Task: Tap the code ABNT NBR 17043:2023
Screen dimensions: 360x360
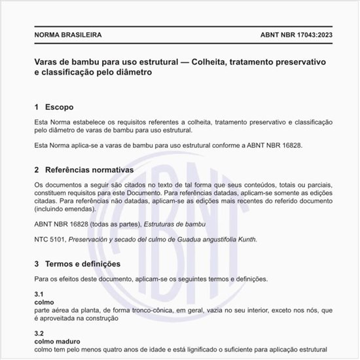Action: [x=287, y=33]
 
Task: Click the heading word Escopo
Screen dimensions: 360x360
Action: [x=59, y=107]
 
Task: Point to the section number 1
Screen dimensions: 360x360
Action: [x=37, y=107]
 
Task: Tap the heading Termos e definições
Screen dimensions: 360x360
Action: [x=82, y=264]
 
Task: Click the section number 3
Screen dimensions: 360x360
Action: [x=37, y=264]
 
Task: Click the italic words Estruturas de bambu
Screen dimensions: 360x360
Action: [x=173, y=225]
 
